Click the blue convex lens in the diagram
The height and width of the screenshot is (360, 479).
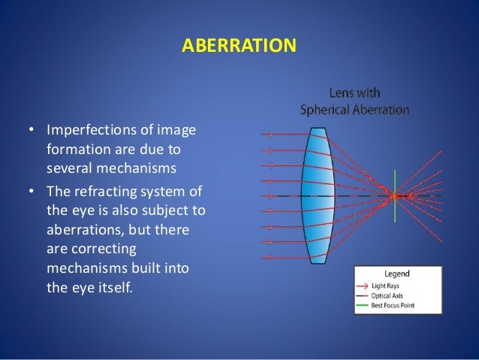coord(318,196)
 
